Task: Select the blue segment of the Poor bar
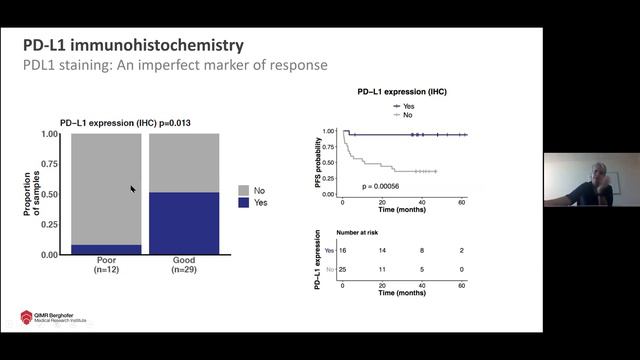(105, 249)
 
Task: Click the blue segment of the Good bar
(183, 223)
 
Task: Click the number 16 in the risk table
(343, 250)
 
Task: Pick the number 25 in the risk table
(343, 270)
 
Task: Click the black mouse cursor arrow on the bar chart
(133, 188)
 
